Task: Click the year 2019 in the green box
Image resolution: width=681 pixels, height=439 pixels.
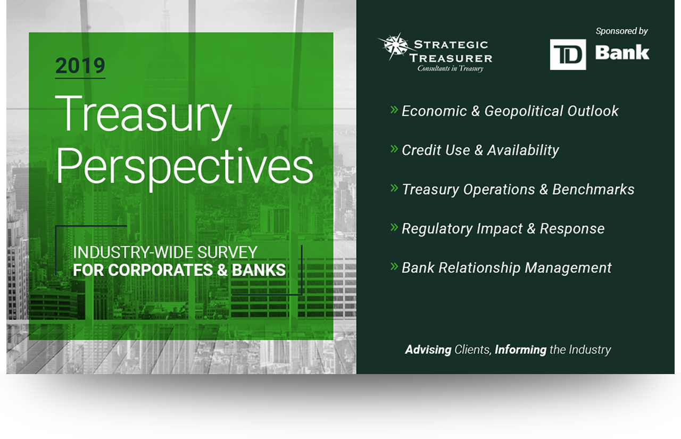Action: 80,65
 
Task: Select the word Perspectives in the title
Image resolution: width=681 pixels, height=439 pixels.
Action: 185,168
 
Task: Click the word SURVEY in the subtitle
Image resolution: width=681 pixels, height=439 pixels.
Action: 227,252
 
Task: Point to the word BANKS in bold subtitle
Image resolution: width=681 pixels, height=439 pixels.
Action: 259,270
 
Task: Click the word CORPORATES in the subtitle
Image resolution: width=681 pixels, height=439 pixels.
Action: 161,270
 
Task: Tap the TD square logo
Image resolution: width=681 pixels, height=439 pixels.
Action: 568,55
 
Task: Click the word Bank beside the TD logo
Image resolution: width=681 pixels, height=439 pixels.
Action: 622,53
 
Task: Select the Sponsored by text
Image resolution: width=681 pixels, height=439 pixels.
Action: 622,31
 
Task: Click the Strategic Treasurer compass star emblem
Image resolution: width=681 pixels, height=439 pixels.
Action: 395,46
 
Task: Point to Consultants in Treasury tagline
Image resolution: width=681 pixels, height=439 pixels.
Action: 450,69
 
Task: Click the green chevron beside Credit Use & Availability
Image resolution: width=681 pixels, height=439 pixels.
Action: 394,148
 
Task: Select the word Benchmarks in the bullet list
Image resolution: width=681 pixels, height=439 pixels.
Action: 593,189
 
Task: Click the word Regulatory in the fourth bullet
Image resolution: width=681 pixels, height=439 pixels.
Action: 437,229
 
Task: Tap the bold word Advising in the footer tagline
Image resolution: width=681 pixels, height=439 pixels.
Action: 428,350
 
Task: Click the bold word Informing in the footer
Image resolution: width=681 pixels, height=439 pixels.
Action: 520,350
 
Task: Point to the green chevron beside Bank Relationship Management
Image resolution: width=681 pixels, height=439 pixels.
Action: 394,266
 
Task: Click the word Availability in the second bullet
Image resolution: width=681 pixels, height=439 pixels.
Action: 523,151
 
